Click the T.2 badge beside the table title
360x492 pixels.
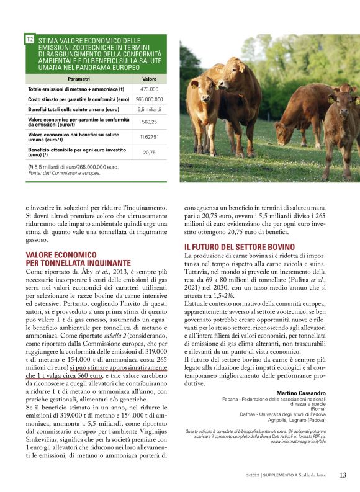30,39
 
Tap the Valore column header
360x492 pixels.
149,79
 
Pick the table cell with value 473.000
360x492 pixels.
149,89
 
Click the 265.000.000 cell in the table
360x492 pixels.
149,99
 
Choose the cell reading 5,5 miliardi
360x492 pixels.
149,109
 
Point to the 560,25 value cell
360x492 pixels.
149,122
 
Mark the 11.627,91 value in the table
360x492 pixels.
149,137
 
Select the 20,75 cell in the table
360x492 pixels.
149,152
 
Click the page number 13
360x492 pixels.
343,475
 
